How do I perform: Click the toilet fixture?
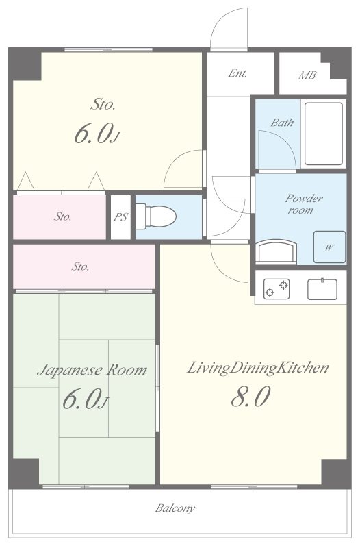click(156, 216)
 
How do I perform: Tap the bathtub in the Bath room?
click(323, 133)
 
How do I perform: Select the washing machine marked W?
click(329, 247)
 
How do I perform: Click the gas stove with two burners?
click(277, 288)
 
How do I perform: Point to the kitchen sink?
click(322, 289)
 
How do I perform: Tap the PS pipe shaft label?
click(121, 217)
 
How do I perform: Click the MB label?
click(307, 75)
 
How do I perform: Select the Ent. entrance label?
click(237, 73)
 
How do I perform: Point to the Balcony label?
click(175, 508)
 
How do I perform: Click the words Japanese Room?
click(92, 370)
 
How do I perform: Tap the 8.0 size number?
click(250, 397)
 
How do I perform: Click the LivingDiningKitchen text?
click(258, 368)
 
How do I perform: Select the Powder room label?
click(303, 204)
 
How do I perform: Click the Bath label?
click(282, 123)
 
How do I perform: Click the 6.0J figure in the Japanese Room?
click(85, 399)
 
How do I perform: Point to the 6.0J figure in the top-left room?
click(97, 134)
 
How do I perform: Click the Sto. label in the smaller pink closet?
click(63, 216)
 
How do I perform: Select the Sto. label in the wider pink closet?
click(80, 267)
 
